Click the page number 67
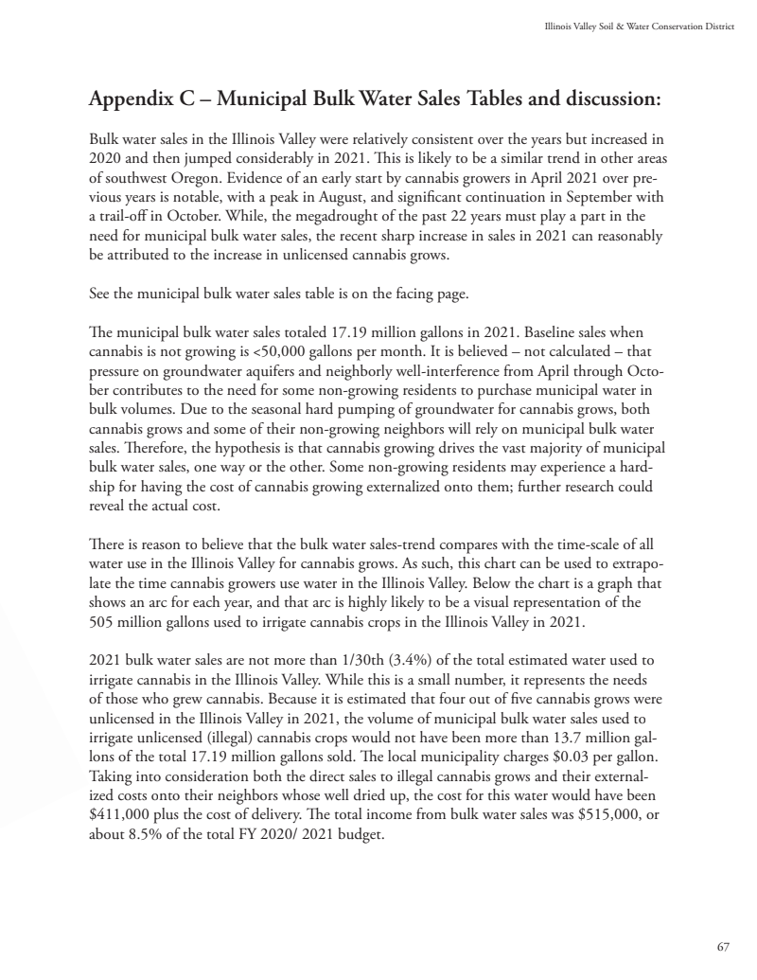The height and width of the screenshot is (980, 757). coord(723,947)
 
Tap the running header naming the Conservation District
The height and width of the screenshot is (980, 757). coord(639,14)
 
